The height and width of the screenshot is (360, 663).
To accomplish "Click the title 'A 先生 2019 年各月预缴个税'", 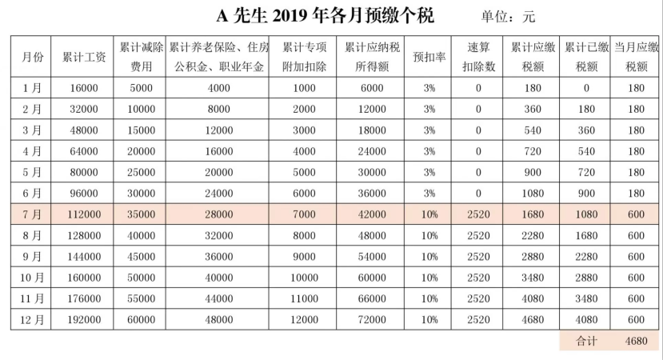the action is (x=325, y=16).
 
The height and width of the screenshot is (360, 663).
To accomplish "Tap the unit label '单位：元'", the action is (x=508, y=17).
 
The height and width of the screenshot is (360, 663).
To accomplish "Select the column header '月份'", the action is (x=32, y=57).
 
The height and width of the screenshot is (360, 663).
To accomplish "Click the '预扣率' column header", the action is (x=429, y=57).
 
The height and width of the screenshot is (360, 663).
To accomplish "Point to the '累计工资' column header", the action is (x=84, y=57).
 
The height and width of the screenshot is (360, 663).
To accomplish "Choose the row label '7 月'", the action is (x=32, y=214).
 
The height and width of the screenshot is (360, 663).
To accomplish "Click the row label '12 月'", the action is (x=32, y=320).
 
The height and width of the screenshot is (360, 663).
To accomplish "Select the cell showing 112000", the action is (x=84, y=214).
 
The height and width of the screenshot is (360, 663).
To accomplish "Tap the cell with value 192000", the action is (x=84, y=320).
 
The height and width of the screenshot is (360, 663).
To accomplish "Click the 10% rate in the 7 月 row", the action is (x=429, y=214).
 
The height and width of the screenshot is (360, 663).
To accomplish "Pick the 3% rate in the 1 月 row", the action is (x=429, y=88).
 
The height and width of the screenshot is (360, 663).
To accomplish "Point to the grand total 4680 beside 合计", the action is (x=636, y=341).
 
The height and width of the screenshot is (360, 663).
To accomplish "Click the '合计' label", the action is (x=586, y=341).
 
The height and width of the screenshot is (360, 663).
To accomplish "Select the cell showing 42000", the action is (x=372, y=214).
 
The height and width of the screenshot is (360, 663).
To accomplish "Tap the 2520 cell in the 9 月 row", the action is (x=478, y=257).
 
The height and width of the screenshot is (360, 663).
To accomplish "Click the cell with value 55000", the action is (x=142, y=298).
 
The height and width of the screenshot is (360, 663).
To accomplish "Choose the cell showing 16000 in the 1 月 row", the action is (x=84, y=88).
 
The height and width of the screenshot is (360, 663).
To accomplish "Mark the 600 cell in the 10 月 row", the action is (x=636, y=278).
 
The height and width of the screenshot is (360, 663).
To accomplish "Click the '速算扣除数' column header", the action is (x=478, y=57).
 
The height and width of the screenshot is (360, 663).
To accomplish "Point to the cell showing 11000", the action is (x=304, y=298).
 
